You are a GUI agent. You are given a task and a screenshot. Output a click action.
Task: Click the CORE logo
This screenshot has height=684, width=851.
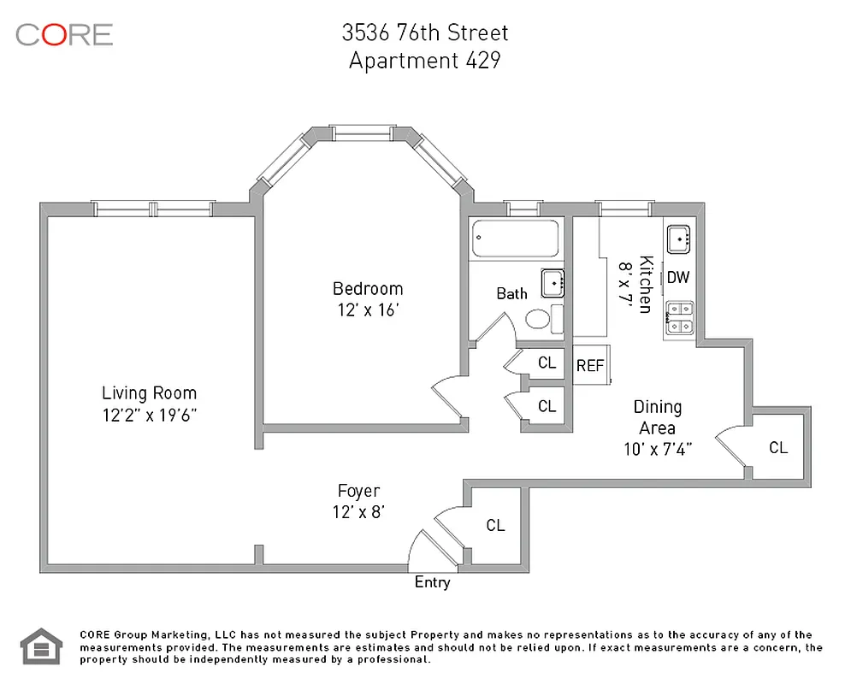pos(64,34)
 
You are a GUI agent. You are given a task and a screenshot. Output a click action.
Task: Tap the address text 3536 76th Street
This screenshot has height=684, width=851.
pos(425,32)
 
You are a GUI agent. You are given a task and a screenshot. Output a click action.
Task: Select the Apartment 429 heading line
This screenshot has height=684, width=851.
pos(425,61)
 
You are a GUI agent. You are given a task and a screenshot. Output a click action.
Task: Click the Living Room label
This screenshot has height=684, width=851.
pos(149,393)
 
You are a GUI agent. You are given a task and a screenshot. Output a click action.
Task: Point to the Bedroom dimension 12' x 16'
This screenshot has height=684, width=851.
pos(368,310)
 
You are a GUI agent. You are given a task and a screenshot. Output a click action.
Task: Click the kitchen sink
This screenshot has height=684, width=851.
pos(678,239)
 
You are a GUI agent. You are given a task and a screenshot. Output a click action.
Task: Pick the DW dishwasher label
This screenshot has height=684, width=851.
pos(677,277)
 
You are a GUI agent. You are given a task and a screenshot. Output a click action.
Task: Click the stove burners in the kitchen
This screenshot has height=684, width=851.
pos(680,316)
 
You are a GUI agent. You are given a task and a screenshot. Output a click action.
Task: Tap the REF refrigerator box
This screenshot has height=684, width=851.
pos(590,366)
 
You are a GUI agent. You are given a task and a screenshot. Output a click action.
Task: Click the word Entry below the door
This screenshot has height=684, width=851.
pos(432,583)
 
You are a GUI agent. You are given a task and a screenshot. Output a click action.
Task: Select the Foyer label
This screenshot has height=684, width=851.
pos(358,491)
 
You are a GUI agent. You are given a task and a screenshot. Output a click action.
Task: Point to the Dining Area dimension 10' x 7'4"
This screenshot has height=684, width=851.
pos(657,448)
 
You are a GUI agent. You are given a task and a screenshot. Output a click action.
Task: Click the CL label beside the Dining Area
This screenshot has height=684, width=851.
pos(777,447)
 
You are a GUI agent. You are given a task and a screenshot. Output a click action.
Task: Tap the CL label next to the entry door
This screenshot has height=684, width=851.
pos(495,525)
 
